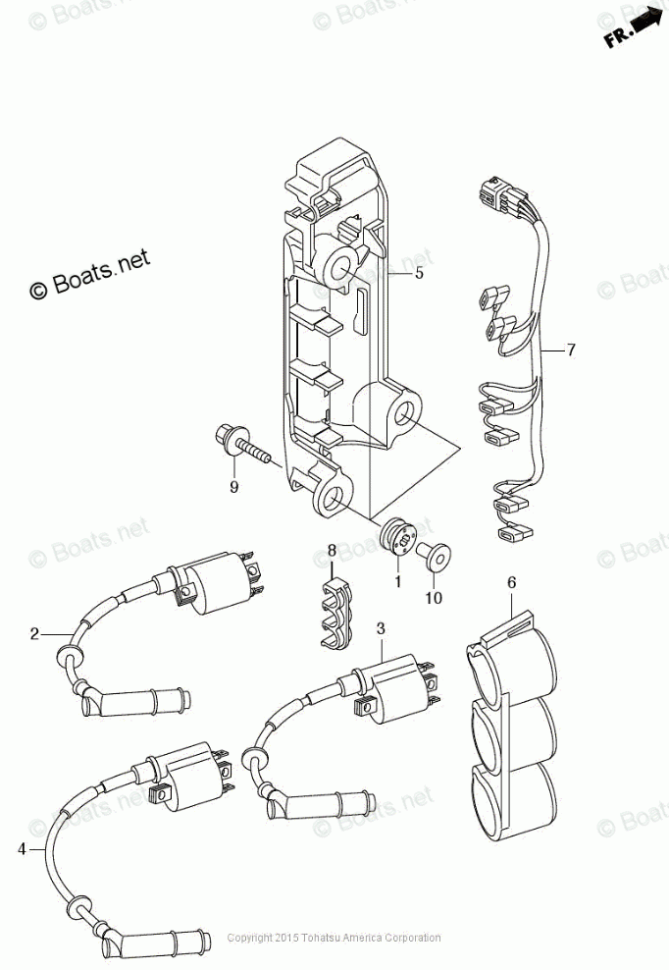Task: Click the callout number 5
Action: [x=419, y=274]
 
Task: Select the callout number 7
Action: [x=571, y=350]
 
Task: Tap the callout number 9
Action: [x=233, y=487]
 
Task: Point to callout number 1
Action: [x=398, y=582]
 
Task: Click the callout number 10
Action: [x=433, y=597]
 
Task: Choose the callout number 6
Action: [x=511, y=583]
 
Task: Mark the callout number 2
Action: [x=34, y=633]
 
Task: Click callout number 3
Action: [x=381, y=627]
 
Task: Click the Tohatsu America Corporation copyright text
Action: [x=334, y=939]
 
